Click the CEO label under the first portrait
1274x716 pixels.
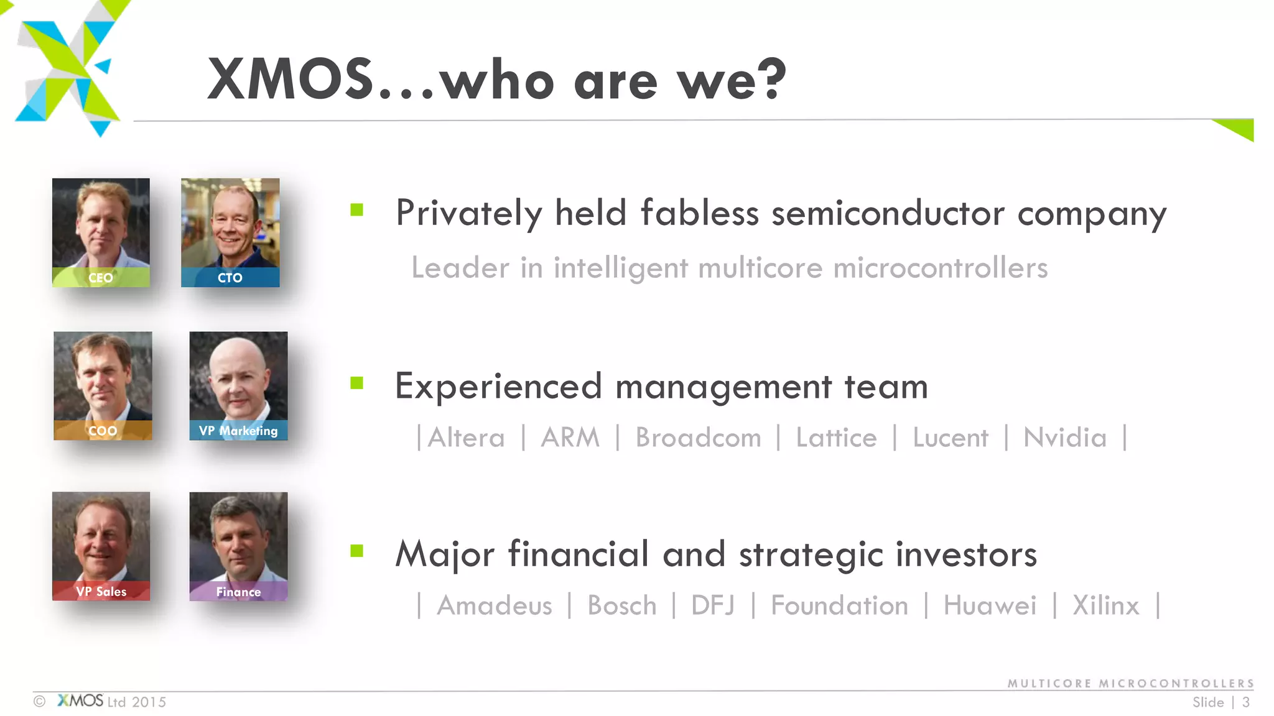click(100, 278)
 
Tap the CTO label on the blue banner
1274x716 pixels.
click(230, 278)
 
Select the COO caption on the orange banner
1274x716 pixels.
click(103, 431)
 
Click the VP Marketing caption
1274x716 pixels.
click(238, 431)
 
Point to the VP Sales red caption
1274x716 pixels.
click(101, 592)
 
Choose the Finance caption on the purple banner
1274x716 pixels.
click(238, 592)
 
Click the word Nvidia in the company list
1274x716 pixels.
click(1065, 438)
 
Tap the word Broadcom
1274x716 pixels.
click(698, 438)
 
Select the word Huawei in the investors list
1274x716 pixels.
click(990, 605)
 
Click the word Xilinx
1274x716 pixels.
click(1105, 605)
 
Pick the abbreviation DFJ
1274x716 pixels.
click(713, 605)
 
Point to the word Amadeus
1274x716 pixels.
click(495, 605)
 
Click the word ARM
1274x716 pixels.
click(570, 438)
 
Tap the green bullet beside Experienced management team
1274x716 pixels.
click(356, 383)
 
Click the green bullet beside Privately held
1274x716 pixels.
click(356, 210)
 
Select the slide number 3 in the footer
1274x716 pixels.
click(1246, 702)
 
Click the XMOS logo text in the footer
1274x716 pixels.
click(80, 701)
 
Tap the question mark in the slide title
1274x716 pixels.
click(775, 79)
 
